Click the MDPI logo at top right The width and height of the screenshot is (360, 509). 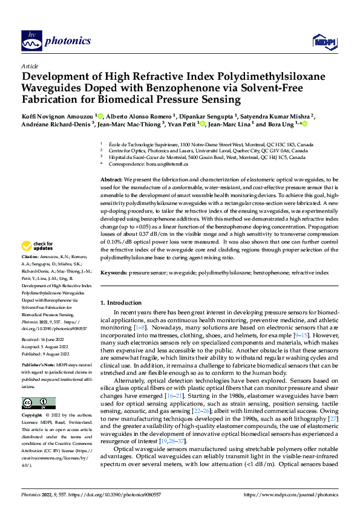pyautogui.click(x=323, y=41)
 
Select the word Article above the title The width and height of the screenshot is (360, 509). pyautogui.click(x=30, y=65)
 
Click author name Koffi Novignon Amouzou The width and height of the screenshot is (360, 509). pyautogui.click(x=58, y=115)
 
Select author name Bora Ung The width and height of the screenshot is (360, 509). pyautogui.click(x=281, y=125)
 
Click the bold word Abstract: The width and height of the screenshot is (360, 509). pyautogui.click(x=111, y=180)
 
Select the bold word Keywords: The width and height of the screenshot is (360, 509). pyautogui.click(x=113, y=273)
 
